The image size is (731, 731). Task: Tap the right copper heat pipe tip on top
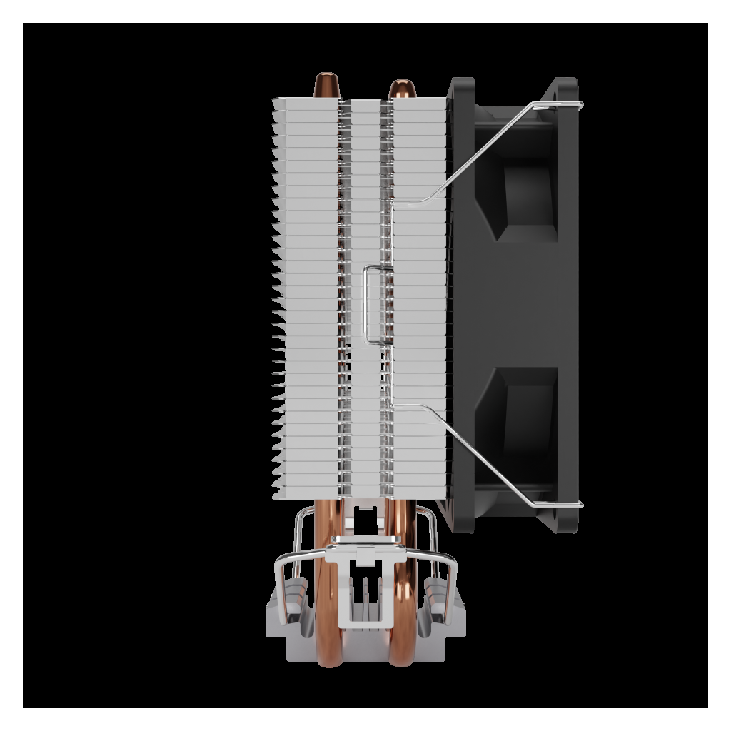coord(398,88)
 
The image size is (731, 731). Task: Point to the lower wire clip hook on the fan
coord(564,505)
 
